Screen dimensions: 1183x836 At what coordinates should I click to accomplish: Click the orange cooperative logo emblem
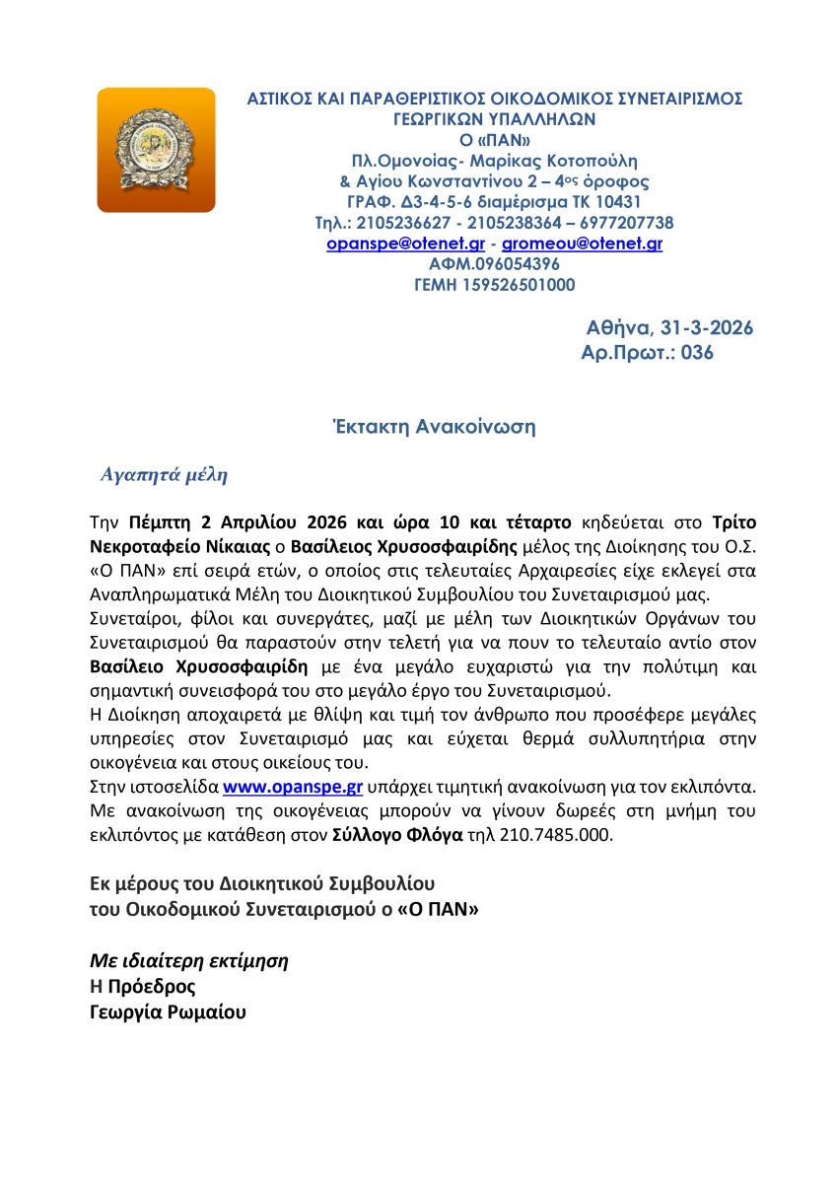156,150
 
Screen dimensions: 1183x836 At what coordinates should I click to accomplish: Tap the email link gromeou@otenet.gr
582,244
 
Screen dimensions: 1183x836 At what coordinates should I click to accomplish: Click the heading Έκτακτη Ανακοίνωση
432,427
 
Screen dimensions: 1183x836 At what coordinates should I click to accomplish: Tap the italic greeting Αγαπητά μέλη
165,475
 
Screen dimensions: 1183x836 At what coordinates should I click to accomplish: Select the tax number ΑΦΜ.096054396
494,264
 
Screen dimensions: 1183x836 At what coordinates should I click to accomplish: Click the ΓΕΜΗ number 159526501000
494,285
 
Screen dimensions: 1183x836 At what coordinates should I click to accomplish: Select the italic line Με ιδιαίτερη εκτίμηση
189,960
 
